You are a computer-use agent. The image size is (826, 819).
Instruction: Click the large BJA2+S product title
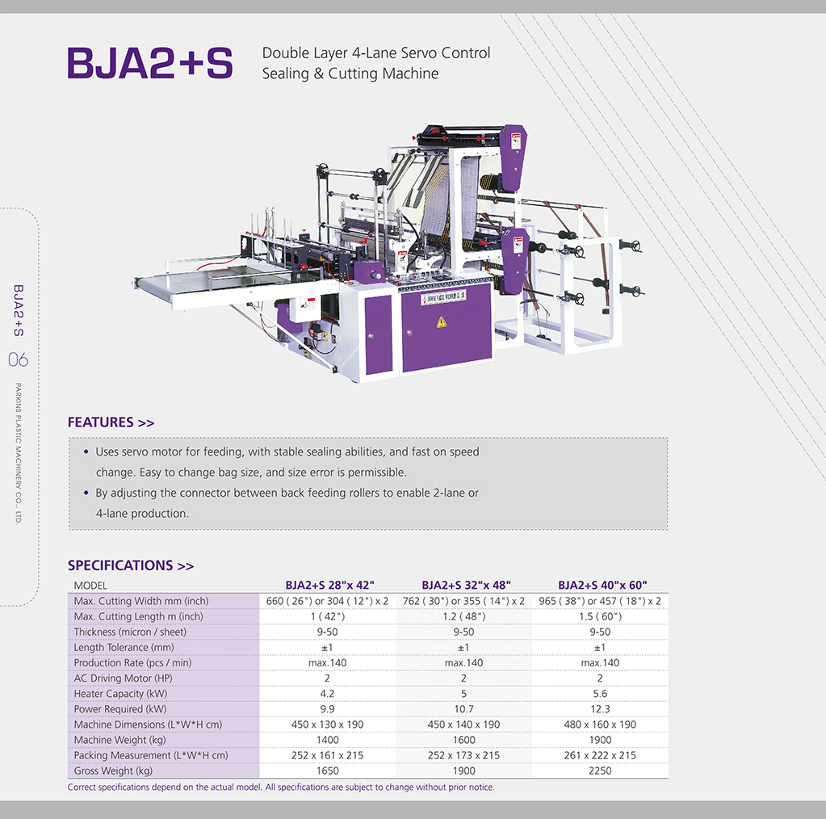tap(150, 63)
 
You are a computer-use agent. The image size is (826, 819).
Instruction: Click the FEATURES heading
tap(111, 422)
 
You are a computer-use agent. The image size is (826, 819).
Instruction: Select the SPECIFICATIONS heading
tap(131, 565)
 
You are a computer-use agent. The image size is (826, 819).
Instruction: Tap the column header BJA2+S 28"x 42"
tap(329, 585)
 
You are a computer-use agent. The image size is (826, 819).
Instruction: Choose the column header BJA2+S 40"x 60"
tap(602, 585)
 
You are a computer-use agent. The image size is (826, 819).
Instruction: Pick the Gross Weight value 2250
tap(600, 771)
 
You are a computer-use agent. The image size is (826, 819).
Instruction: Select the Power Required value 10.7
tap(463, 709)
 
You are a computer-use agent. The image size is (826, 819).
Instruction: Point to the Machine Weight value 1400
tap(327, 740)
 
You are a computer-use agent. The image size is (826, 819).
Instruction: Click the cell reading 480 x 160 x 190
tap(600, 724)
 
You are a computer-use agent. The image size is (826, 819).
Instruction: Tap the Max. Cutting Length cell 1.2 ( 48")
tap(463, 616)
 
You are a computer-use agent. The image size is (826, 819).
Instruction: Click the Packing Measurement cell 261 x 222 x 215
tap(600, 755)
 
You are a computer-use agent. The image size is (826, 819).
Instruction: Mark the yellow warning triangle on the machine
tap(442, 322)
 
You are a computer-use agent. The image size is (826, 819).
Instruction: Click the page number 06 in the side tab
tap(19, 360)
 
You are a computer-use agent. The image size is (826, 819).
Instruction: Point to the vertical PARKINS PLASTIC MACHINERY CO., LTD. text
tap(19, 454)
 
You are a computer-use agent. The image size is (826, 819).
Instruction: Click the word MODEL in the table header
tap(90, 586)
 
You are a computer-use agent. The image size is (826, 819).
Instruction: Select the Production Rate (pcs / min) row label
tap(132, 663)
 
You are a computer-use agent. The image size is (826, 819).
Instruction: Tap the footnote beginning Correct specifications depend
tap(281, 787)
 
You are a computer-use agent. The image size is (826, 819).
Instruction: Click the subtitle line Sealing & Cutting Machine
tap(350, 73)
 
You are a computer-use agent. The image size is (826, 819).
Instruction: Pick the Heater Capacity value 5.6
tap(600, 694)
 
